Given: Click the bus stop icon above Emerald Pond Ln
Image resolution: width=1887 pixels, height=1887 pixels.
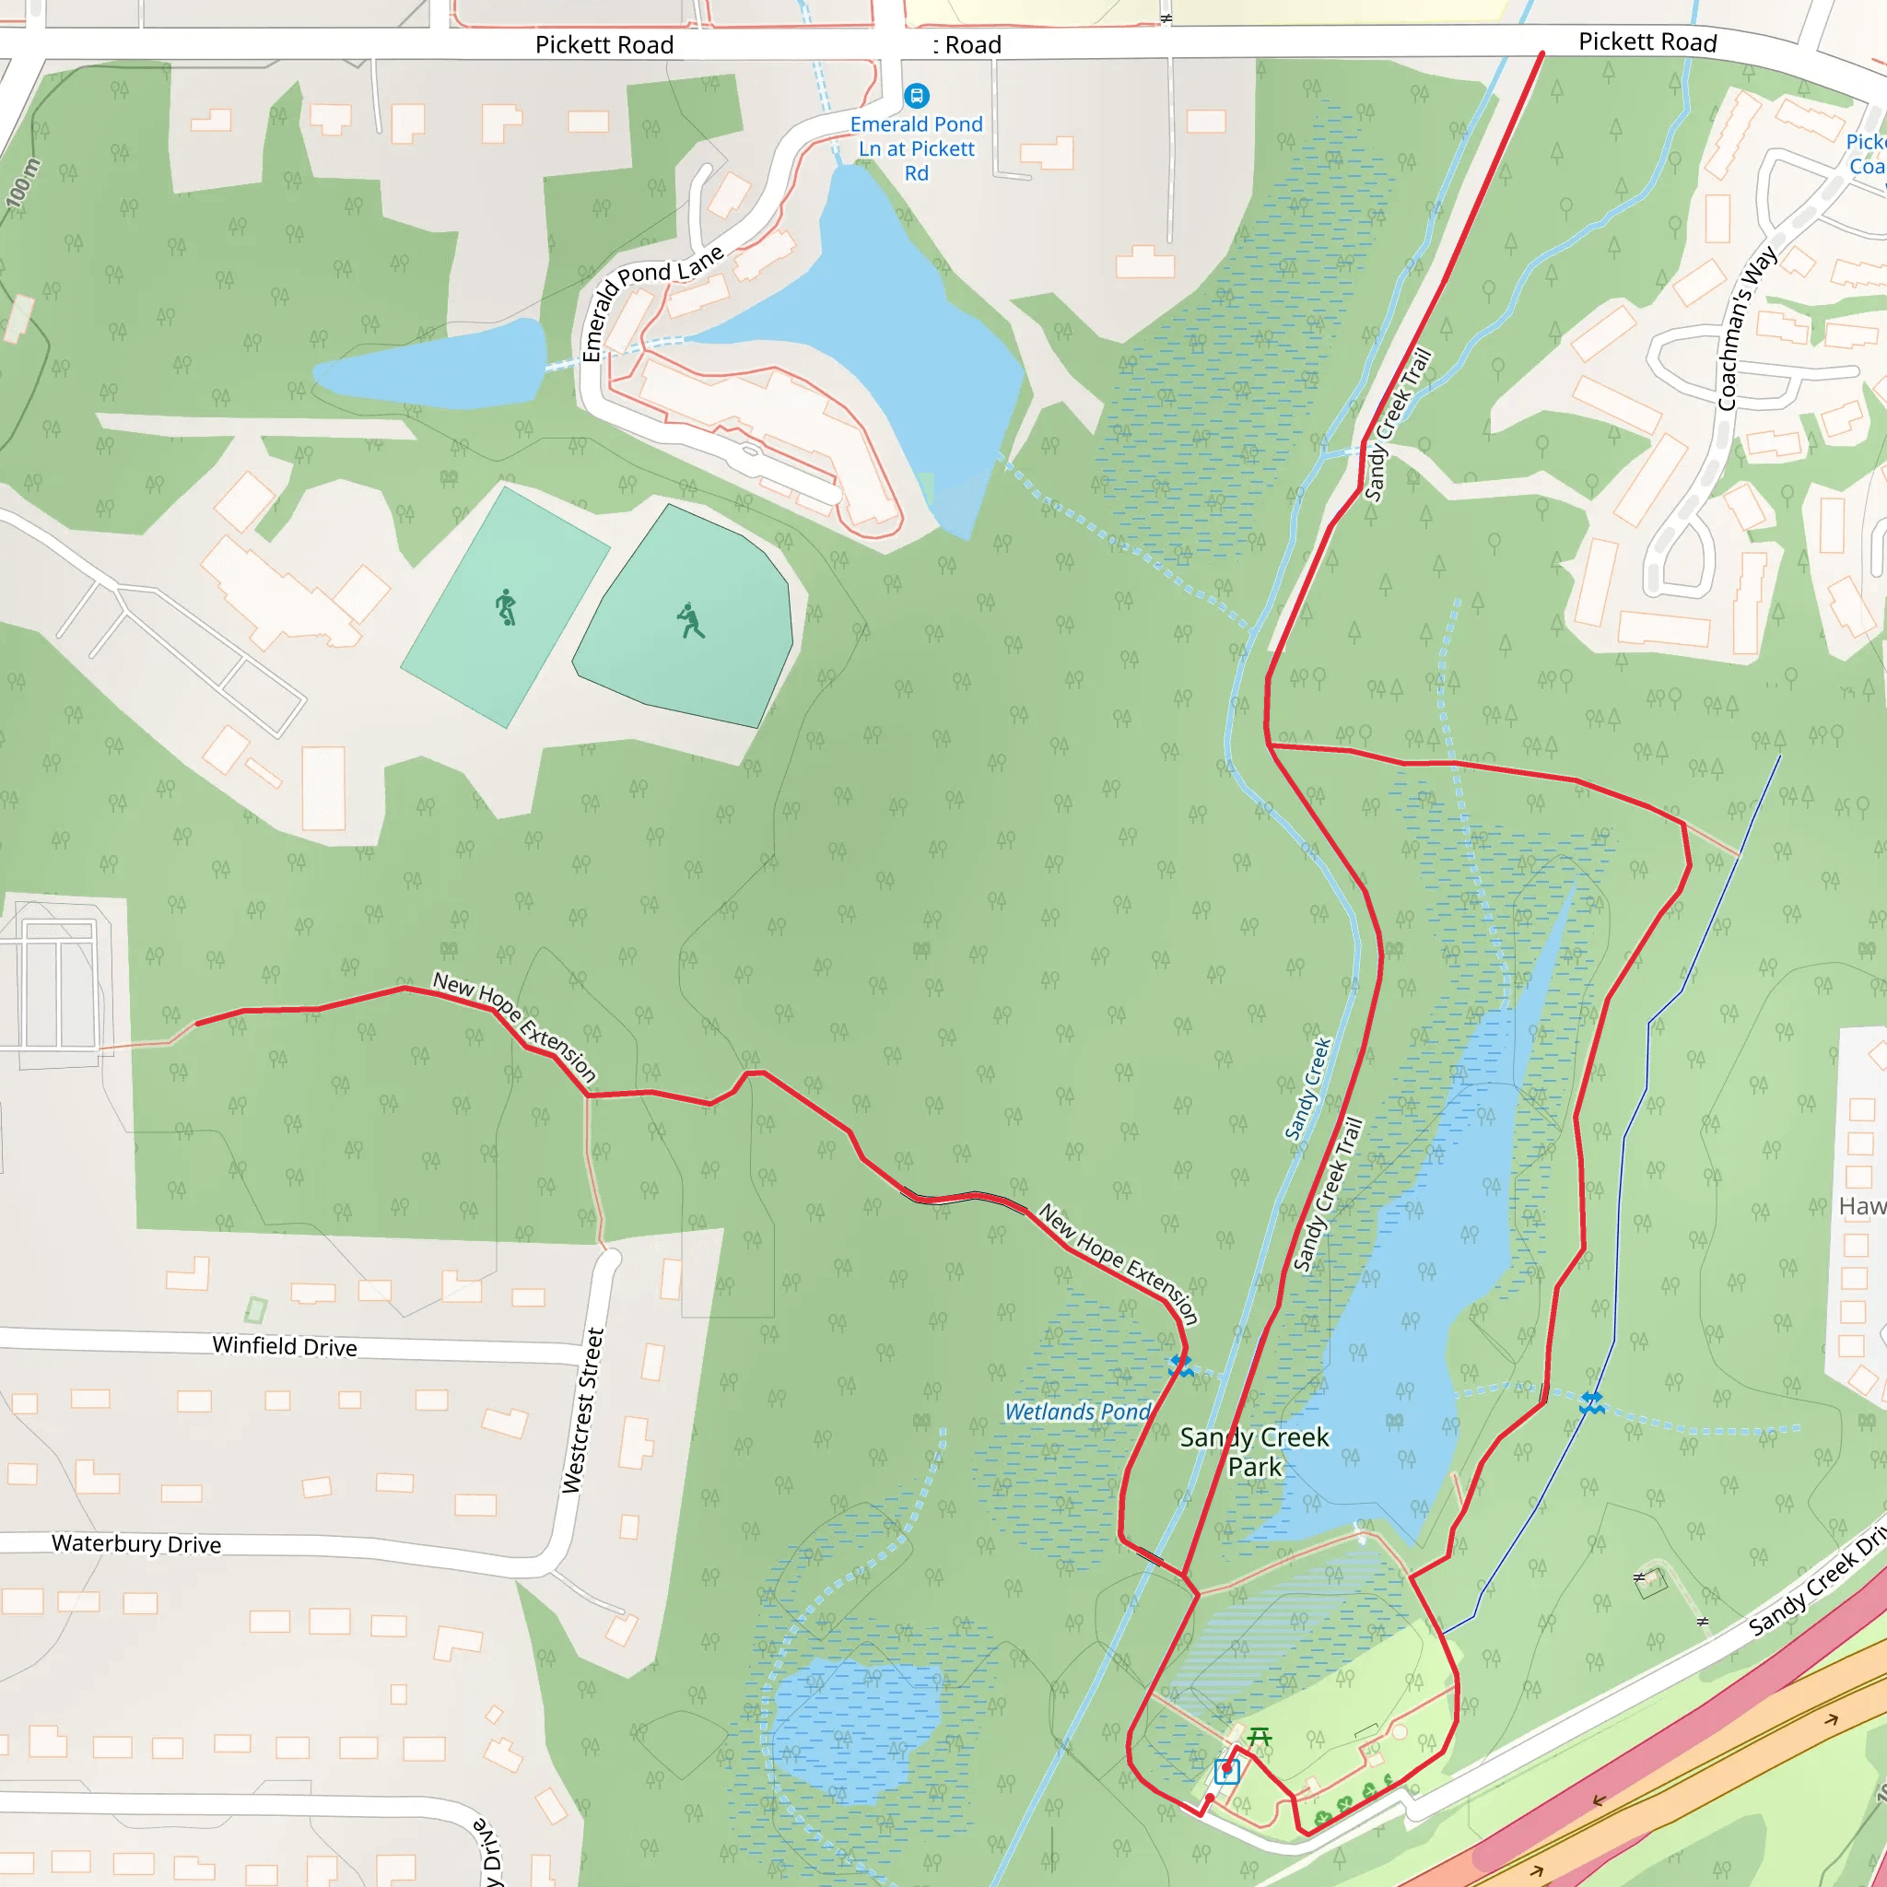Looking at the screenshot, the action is tap(916, 96).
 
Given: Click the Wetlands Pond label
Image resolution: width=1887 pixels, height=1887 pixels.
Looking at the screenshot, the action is tap(1078, 1412).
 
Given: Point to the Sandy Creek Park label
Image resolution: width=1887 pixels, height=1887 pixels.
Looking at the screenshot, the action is tap(1254, 1451).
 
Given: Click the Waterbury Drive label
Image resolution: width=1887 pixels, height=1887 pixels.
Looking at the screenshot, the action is tap(136, 1543).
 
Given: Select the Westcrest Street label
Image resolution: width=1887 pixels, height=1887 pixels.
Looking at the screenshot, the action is tap(583, 1410).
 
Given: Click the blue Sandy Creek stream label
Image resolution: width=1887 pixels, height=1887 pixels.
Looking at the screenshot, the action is tap(1307, 1089).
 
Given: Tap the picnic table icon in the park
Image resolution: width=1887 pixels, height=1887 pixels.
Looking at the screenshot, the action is tap(1259, 1737).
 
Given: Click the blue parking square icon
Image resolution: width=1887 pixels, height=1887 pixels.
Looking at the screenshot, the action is tap(1226, 1771).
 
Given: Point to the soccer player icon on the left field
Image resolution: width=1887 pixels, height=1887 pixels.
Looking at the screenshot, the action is tap(505, 607).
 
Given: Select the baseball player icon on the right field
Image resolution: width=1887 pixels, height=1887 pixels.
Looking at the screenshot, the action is tap(690, 621).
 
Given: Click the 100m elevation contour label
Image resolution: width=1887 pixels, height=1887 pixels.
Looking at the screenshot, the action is tap(23, 182).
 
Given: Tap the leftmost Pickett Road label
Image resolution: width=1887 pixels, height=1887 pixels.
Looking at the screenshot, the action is tap(604, 45).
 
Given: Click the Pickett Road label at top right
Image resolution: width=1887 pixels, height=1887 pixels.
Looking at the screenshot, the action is tap(1647, 42).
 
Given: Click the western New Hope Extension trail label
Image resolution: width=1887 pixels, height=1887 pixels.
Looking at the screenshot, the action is tap(515, 1026).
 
